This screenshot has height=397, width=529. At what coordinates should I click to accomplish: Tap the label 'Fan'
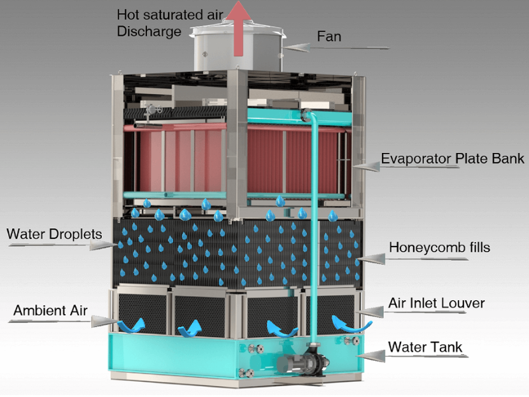pyautogui.click(x=329, y=36)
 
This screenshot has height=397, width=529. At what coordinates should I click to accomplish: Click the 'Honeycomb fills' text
pyautogui.click(x=439, y=247)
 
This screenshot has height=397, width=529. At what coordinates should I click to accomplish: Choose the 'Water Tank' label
pyautogui.click(x=425, y=348)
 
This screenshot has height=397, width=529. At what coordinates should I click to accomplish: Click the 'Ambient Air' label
pyautogui.click(x=51, y=311)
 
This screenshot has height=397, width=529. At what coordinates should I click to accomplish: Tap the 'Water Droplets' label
pyautogui.click(x=54, y=235)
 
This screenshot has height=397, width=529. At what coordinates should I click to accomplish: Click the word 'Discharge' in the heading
pyautogui.click(x=149, y=31)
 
